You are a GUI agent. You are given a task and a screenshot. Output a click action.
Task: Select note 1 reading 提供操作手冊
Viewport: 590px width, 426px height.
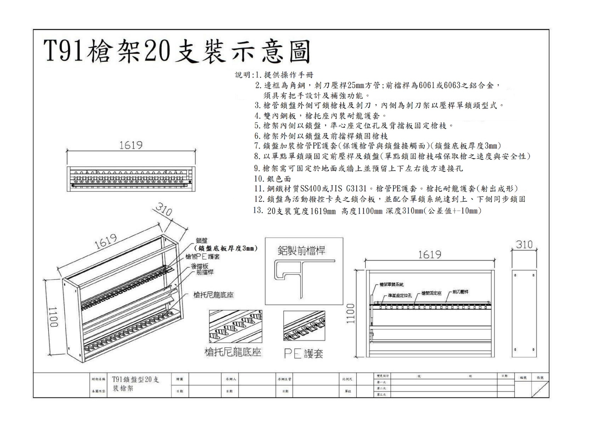pyautogui.click(x=288, y=75)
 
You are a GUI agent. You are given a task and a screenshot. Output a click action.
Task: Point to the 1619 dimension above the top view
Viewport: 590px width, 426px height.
pyautogui.click(x=131, y=145)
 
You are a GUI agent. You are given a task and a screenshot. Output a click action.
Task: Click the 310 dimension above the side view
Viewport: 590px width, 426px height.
pyautogui.click(x=524, y=245)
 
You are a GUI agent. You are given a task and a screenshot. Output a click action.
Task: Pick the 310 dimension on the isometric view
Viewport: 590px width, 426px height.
pyautogui.click(x=164, y=209)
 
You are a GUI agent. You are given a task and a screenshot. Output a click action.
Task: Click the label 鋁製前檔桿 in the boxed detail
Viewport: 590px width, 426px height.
pyautogui.click(x=301, y=251)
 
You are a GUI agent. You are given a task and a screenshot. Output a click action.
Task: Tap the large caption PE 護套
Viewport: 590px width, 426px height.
pyautogui.click(x=303, y=353)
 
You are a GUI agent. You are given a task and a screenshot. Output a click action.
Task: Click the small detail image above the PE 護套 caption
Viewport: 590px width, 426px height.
pyautogui.click(x=304, y=326)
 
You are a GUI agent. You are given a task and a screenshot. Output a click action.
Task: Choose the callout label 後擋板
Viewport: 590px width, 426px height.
pyautogui.click(x=199, y=266)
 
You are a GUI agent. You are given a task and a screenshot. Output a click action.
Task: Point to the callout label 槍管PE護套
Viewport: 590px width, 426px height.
pyautogui.click(x=202, y=256)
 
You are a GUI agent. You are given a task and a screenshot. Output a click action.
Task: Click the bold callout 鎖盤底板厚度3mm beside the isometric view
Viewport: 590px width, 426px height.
pyautogui.click(x=226, y=248)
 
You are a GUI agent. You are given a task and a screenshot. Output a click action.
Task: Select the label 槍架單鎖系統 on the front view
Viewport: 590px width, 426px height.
pyautogui.click(x=392, y=284)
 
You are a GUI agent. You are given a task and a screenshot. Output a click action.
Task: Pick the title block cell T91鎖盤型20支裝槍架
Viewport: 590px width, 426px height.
pyautogui.click(x=135, y=384)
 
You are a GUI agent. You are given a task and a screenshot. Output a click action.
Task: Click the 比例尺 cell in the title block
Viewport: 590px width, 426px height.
pyautogui.click(x=347, y=379)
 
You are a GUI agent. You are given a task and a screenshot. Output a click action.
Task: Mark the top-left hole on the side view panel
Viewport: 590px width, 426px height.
pyautogui.click(x=515, y=275)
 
